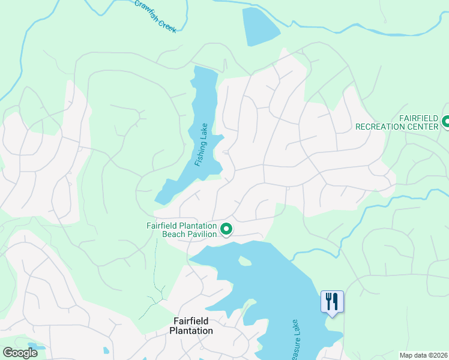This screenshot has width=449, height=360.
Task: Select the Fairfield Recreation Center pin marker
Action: (x=446, y=122)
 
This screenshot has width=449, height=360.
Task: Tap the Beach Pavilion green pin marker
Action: (x=226, y=229)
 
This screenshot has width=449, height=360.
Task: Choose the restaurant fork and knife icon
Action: (x=332, y=301)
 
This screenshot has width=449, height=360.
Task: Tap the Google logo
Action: (x=19, y=353)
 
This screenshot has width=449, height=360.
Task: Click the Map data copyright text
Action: (x=423, y=355)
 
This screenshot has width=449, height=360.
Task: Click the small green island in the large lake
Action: (x=244, y=261)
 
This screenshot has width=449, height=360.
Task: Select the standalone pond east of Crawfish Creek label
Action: (x=260, y=27)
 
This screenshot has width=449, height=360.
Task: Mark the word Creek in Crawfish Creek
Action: (x=168, y=23)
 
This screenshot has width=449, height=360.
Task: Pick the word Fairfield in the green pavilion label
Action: (x=164, y=226)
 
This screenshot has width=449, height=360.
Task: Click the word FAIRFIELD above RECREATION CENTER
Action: (x=420, y=118)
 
